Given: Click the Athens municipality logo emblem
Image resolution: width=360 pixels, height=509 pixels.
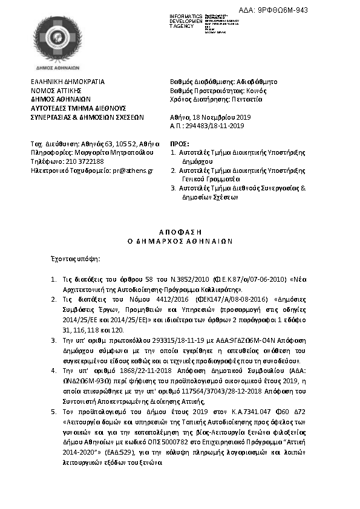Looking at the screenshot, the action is click(x=56, y=41).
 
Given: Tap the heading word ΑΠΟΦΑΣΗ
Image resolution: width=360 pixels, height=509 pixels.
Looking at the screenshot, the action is click(x=180, y=232).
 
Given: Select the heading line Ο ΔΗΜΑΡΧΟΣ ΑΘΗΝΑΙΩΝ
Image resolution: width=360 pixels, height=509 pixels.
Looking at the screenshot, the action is click(x=180, y=240).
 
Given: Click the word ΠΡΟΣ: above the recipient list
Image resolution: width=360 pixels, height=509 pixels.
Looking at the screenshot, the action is click(x=177, y=143).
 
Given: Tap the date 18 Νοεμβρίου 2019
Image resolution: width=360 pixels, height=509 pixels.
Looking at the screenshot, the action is click(x=213, y=117).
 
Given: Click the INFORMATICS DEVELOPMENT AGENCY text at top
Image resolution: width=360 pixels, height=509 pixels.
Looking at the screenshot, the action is click(x=188, y=20).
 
